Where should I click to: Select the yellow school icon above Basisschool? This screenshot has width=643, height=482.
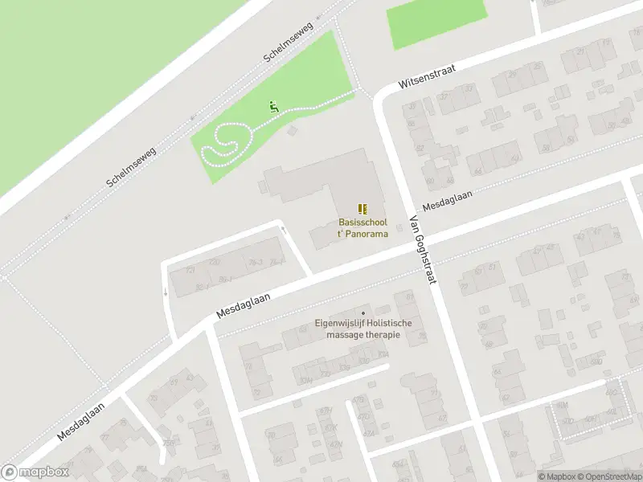point(362,209)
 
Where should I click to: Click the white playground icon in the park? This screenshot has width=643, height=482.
point(273,106)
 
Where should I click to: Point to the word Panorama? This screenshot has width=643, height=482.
point(369,234)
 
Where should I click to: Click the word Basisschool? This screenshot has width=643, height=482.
point(362,223)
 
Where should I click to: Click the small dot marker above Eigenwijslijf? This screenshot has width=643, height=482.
point(363,313)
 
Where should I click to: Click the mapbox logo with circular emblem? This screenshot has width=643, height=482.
point(34,472)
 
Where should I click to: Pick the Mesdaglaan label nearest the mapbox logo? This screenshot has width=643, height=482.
point(82,422)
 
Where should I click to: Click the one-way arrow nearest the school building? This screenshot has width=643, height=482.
point(282,231)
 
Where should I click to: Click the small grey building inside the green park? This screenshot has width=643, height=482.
point(292,129)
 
